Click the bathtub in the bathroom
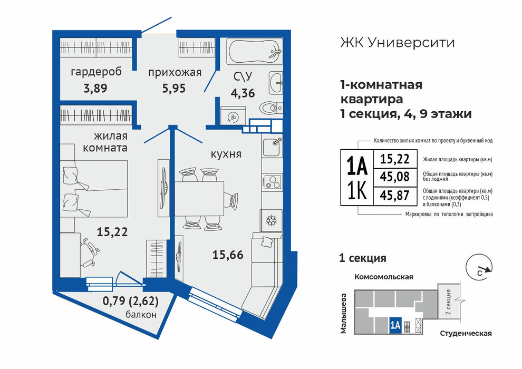[x=255, y=51]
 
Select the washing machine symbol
[x=233, y=115]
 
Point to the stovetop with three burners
[x=272, y=182]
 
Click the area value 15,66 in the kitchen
[x=228, y=255]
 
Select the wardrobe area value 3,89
[x=95, y=89]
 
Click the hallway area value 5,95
[x=174, y=89]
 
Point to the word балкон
[x=141, y=314]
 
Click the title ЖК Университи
[x=398, y=43]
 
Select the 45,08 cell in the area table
[x=394, y=177]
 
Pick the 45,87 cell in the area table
[x=394, y=195]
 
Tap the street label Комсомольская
[x=383, y=277]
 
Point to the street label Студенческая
[x=466, y=333]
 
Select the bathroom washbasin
[x=276, y=83]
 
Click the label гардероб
[x=96, y=72]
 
